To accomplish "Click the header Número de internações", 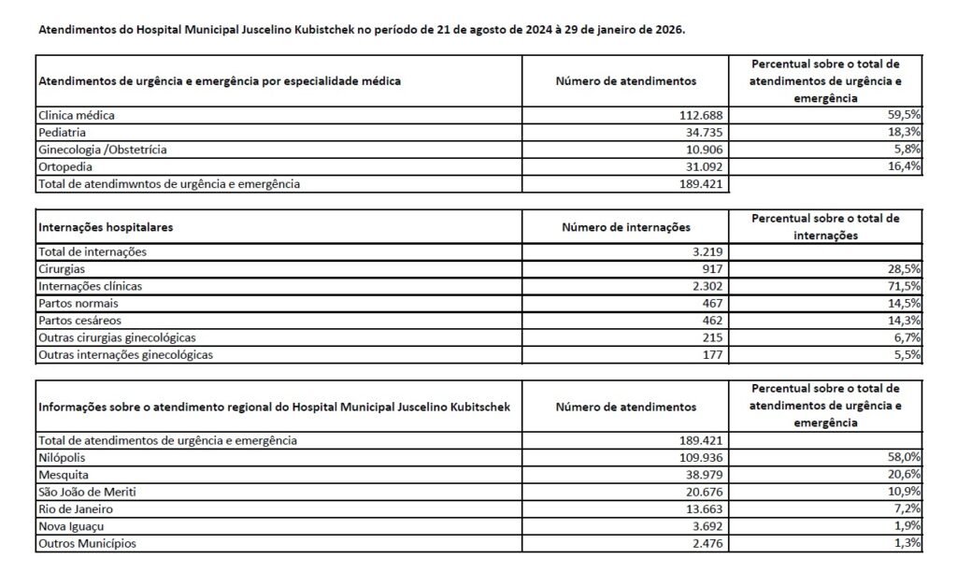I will pyautogui.click(x=625, y=227).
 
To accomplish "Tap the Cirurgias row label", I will pyautogui.click(x=61, y=268).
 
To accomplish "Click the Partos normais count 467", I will pyautogui.click(x=712, y=303).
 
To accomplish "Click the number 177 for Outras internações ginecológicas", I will pyautogui.click(x=712, y=354).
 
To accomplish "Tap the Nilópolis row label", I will pyautogui.click(x=62, y=457).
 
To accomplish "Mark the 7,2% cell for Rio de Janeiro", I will pyautogui.click(x=909, y=508).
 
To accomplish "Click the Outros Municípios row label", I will pyautogui.click(x=85, y=543).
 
